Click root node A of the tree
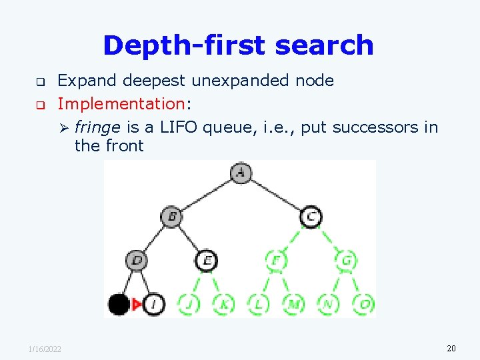(241, 173)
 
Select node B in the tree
(171, 217)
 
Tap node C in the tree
(311, 217)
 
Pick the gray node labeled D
(137, 260)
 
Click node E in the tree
(207, 260)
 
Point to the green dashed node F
(276, 260)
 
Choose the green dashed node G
(346, 260)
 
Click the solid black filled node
(119, 305)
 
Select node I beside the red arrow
(154, 305)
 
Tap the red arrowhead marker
(137, 305)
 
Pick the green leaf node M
(293, 305)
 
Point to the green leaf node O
(364, 305)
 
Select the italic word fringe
(97, 127)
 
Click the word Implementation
(120, 103)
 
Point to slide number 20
(451, 349)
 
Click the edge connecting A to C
(276, 195)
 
